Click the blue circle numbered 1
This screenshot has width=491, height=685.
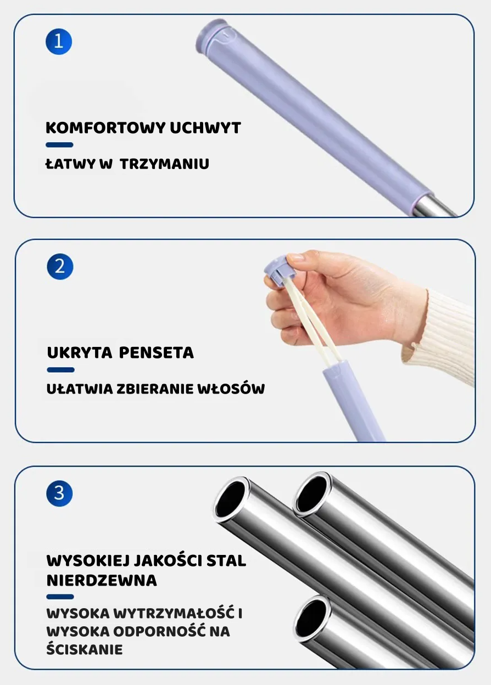59,42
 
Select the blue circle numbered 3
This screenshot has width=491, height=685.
59,492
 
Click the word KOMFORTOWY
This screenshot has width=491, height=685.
105,128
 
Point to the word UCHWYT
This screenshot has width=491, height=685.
205,128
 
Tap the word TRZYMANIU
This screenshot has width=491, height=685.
165,164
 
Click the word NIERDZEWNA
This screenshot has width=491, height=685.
102,580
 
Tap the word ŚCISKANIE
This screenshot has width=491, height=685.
84,649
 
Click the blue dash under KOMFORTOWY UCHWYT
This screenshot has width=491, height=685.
59,145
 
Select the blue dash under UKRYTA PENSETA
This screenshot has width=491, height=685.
60,370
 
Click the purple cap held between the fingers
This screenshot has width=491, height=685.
280,268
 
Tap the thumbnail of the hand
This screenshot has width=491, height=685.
296,257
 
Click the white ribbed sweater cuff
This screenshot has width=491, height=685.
439,335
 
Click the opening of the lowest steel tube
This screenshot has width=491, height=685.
313,617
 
